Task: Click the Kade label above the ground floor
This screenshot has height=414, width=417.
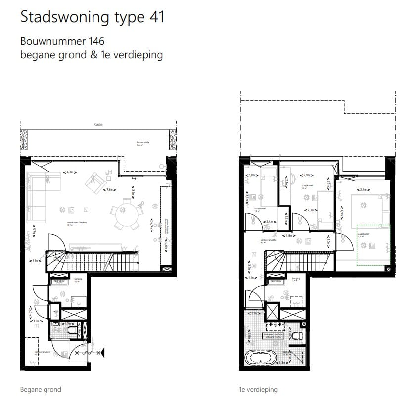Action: click(x=98, y=124)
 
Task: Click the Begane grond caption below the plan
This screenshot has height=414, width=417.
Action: click(x=41, y=389)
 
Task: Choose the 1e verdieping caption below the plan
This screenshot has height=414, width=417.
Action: click(x=257, y=389)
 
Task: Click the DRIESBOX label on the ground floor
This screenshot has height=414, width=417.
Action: click(x=55, y=281)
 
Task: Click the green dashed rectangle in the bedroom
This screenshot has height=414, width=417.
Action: click(x=373, y=245)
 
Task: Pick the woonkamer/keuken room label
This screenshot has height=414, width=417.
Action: click(x=77, y=223)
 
